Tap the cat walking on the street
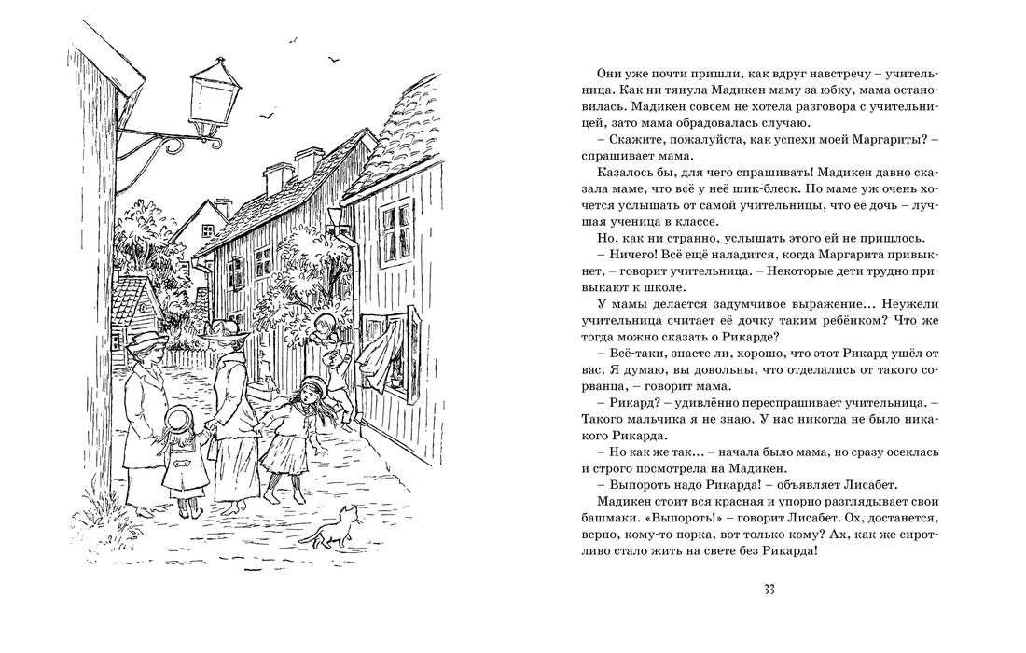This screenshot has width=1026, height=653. [336, 525]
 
